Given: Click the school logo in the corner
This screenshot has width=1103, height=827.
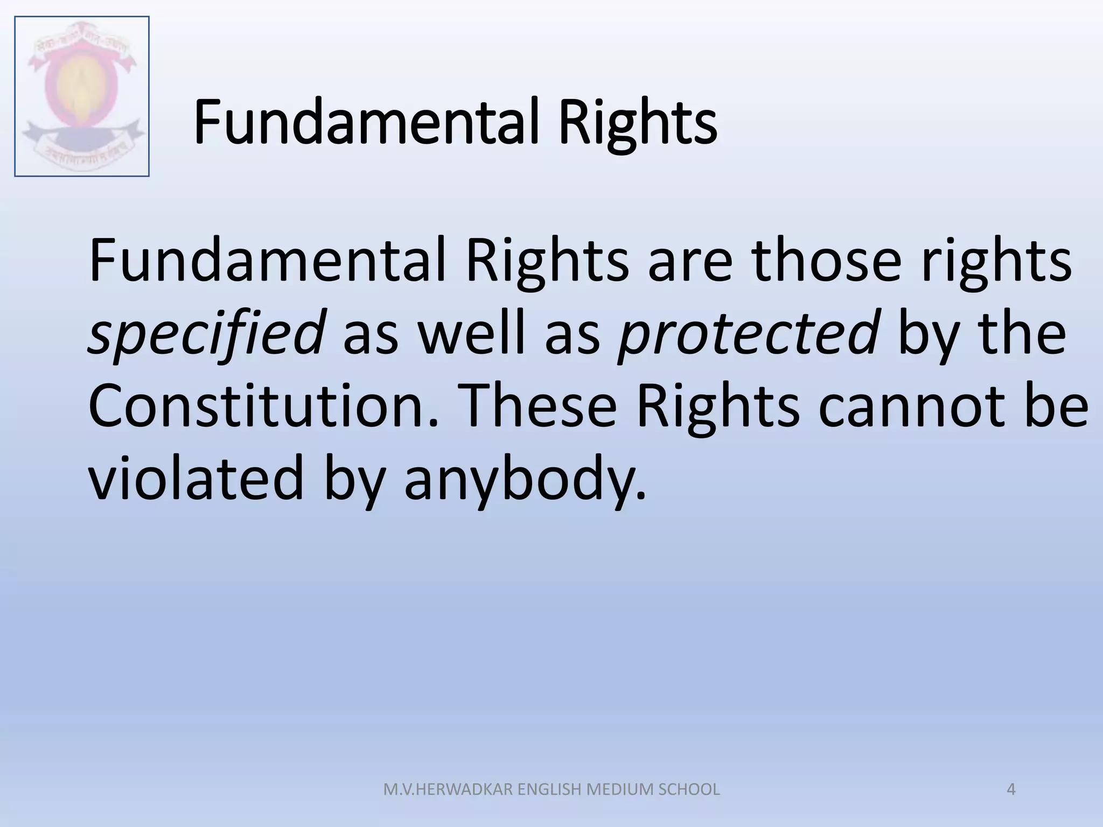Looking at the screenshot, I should [x=82, y=96].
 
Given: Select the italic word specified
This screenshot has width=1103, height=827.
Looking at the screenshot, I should [x=207, y=333].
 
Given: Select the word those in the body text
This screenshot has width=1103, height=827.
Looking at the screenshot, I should [x=827, y=261].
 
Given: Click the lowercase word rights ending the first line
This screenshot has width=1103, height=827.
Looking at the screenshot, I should [x=996, y=261].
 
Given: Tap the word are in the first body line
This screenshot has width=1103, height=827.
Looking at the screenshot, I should [x=690, y=261].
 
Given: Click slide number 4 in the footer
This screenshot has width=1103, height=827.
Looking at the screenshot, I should [x=1011, y=789].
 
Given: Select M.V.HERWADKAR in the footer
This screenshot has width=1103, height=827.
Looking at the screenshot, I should [x=448, y=789].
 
